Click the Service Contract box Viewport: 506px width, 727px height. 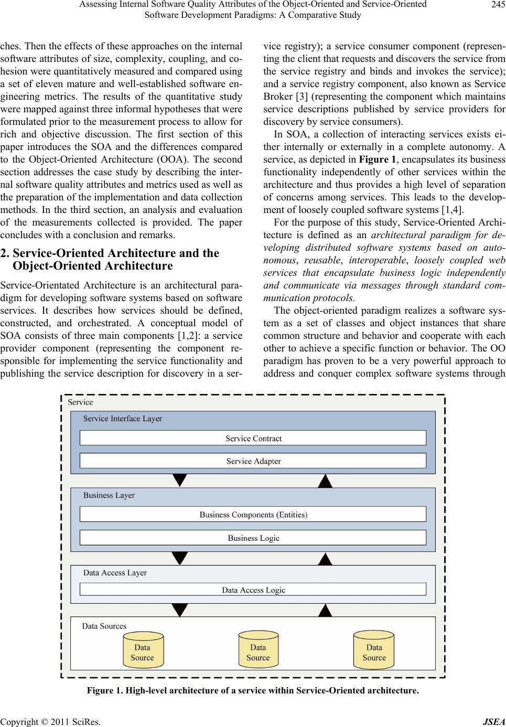click(253, 438)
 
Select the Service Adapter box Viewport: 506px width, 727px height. click(253, 461)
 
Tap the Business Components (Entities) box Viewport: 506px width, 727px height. click(253, 515)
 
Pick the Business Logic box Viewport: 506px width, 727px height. click(253, 538)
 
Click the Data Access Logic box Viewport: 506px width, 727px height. click(253, 590)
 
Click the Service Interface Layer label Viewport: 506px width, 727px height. click(123, 419)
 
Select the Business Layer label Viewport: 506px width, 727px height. click(109, 495)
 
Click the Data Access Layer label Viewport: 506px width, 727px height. click(115, 573)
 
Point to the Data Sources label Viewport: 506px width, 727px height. click(104, 626)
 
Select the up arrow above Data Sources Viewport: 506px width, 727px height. click(326, 610)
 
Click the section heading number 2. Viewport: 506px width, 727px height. click(5, 253)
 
